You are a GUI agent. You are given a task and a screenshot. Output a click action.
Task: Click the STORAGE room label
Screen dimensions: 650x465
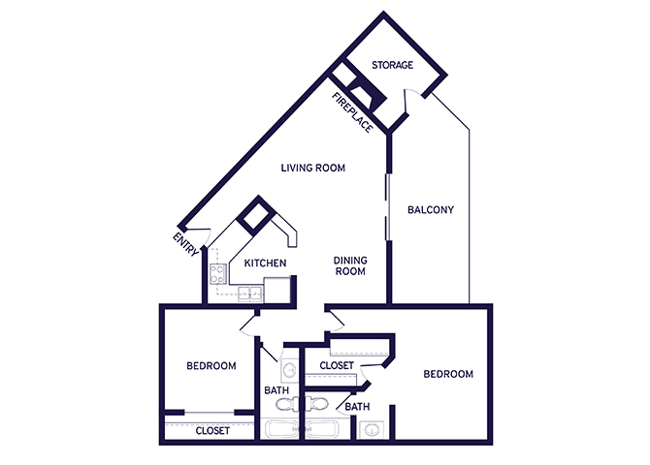(x=392, y=65)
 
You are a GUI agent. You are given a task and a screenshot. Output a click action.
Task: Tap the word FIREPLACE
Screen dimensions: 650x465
(x=352, y=112)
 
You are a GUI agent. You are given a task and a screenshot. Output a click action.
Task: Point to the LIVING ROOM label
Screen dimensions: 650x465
(x=313, y=168)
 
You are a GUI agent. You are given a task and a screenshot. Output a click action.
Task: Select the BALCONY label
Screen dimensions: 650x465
(x=431, y=210)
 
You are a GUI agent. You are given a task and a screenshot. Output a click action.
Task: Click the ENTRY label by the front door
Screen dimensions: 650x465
(x=185, y=244)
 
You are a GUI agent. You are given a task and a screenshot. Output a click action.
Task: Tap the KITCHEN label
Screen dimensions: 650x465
(x=265, y=263)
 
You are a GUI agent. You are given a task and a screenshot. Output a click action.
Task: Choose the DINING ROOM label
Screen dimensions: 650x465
(x=350, y=265)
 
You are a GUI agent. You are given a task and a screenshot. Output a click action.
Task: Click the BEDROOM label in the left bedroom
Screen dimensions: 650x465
(x=211, y=366)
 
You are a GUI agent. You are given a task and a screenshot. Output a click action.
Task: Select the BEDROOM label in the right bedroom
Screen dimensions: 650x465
(x=448, y=374)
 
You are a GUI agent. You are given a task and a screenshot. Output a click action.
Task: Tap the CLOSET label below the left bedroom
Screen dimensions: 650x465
(x=212, y=431)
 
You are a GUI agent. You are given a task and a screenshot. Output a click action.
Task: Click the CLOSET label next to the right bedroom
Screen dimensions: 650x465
(x=337, y=365)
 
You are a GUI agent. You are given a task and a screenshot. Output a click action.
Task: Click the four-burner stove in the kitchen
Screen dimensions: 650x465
(x=218, y=274)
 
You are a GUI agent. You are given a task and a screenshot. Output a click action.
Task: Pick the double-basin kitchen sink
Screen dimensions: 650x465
(x=250, y=294)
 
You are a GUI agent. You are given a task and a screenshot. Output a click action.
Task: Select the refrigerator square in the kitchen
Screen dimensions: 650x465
(x=276, y=291)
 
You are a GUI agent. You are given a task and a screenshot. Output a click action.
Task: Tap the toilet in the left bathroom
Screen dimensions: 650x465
(x=286, y=404)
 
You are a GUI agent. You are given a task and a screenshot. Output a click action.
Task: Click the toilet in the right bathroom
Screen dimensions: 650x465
(x=316, y=404)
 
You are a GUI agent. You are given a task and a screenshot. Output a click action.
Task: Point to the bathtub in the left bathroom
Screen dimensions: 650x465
(x=281, y=429)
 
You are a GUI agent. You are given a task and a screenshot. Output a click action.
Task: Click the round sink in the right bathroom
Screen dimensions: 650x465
(x=372, y=430)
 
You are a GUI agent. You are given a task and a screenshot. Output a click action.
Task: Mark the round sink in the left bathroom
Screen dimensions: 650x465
(x=289, y=369)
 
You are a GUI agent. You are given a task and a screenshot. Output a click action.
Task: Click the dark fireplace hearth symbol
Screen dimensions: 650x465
(x=367, y=96)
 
